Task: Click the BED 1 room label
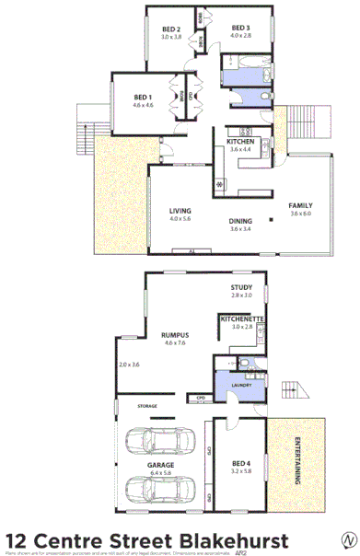pyautogui.click(x=143, y=98)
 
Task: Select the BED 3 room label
pyautogui.click(x=241, y=29)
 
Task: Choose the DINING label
pyautogui.click(x=240, y=221)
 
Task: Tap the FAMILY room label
pyautogui.click(x=301, y=204)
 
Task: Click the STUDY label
pyautogui.click(x=241, y=288)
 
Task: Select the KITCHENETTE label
pyautogui.click(x=242, y=318)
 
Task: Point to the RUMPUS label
pyautogui.click(x=175, y=335)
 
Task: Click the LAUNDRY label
pyautogui.click(x=241, y=386)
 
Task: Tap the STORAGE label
pyautogui.click(x=147, y=405)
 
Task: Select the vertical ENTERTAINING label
pyautogui.click(x=299, y=459)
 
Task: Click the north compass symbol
pyautogui.click(x=347, y=539)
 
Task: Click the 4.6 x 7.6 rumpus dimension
pyautogui.click(x=175, y=343)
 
